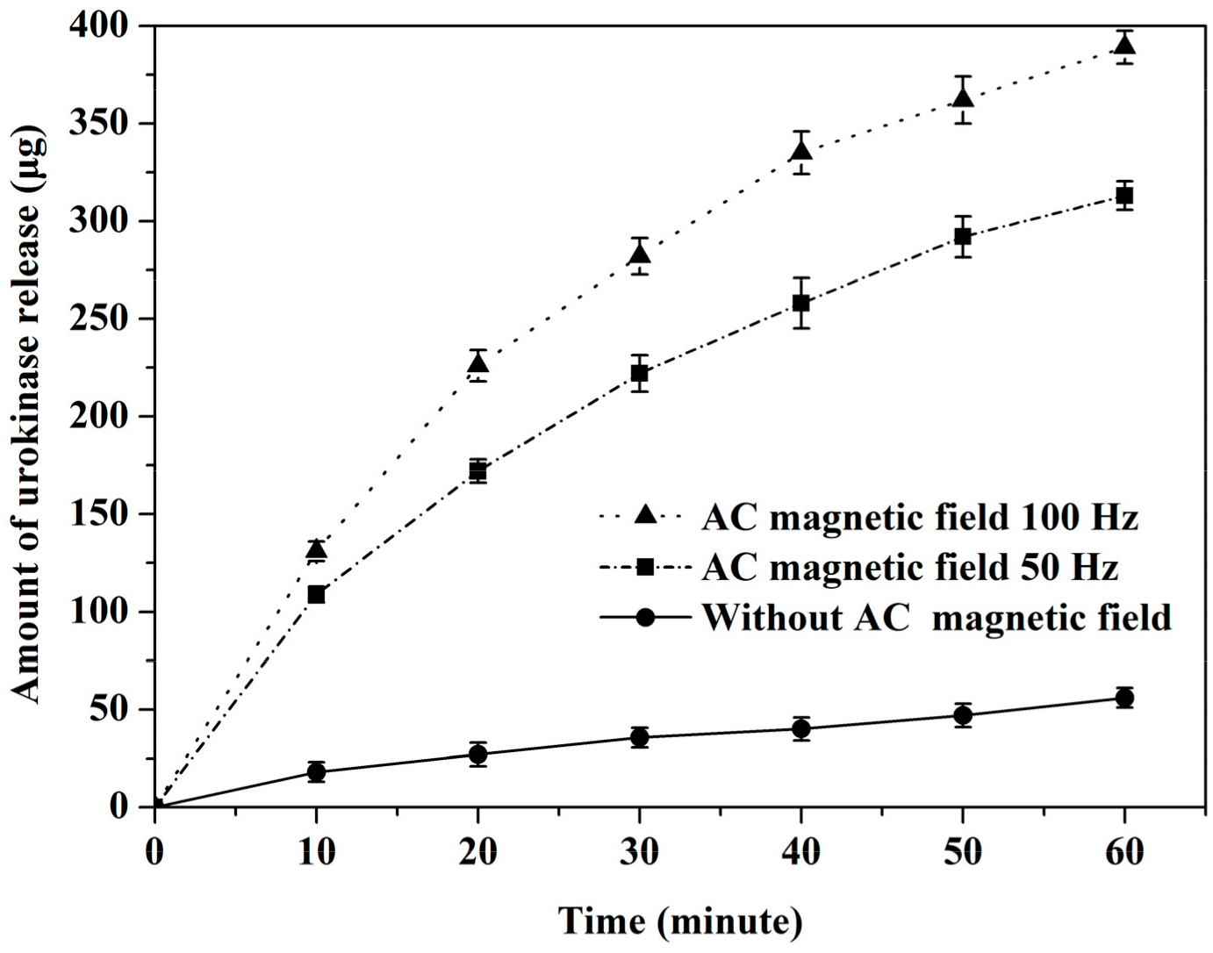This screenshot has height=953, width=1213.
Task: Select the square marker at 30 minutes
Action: (640, 373)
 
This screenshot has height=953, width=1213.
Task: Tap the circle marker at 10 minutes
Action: (317, 772)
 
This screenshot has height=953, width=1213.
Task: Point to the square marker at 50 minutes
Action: (963, 236)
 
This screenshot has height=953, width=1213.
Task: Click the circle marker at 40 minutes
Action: (801, 728)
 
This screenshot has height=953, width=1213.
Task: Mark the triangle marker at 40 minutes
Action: (801, 151)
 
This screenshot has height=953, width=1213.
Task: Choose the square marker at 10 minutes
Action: (317, 594)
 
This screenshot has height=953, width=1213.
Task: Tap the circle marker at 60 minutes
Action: (1124, 698)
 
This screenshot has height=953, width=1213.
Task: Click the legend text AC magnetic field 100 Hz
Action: (920, 518)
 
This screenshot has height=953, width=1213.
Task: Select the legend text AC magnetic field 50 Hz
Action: (910, 568)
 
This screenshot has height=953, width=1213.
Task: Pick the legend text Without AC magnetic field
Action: (937, 617)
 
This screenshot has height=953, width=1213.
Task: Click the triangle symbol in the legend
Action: (645, 516)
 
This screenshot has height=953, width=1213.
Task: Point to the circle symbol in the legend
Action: (645, 617)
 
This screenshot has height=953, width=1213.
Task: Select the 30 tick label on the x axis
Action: (640, 852)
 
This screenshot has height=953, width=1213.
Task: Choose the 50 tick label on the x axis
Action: (963, 852)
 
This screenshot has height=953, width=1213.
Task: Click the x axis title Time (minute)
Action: (680, 921)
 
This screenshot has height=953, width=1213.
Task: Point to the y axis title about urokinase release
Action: (28, 417)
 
